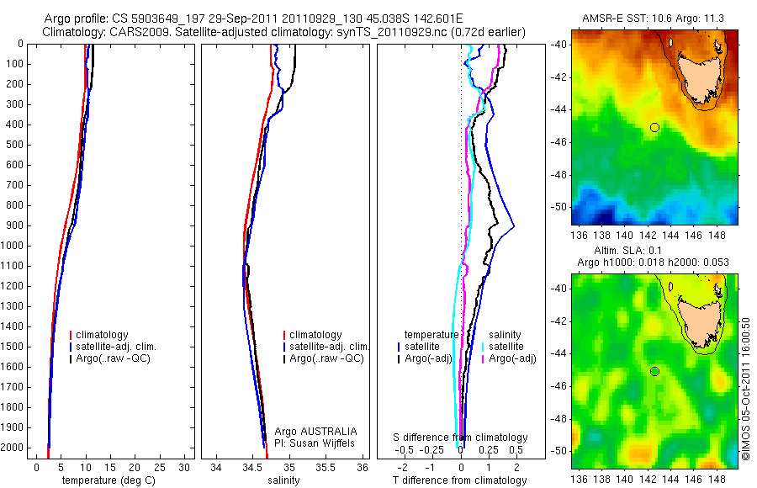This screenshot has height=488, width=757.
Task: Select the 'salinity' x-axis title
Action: coord(282,480)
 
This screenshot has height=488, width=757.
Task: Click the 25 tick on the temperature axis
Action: coord(160,467)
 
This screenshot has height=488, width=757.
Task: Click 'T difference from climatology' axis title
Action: coord(461,480)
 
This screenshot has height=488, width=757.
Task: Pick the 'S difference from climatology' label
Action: coord(461,438)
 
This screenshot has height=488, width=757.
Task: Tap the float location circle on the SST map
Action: coord(654,127)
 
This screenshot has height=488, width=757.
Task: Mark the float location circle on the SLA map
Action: coord(654,371)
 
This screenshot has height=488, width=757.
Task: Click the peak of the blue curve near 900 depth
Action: coord(513,226)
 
